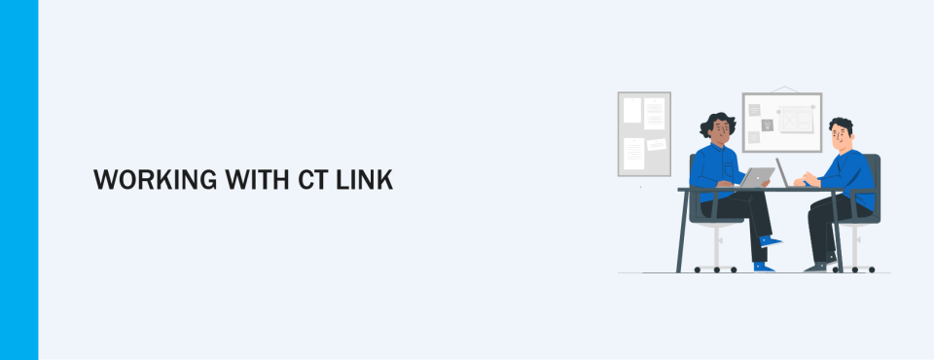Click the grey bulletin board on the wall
click(644, 133)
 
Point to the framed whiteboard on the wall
click(781, 123)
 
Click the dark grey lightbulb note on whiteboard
click(767, 125)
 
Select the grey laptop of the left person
click(757, 177)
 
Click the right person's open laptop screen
click(783, 171)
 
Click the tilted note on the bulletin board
click(657, 145)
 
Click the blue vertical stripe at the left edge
click(18, 180)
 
